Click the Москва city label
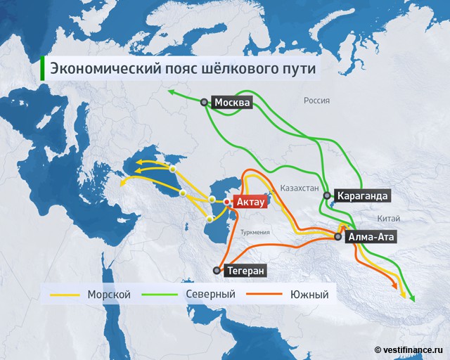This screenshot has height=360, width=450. coord(232,103)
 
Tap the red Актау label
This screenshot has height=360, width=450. coord(250,202)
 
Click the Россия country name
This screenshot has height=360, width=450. coord(316,101)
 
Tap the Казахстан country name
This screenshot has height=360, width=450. coord(300,188)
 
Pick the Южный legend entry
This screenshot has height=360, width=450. coord(309,294)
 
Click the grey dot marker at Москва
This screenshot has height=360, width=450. coord(205,103)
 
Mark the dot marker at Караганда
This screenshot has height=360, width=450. coord(327,196)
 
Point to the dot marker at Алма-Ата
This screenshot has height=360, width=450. coord(339,237)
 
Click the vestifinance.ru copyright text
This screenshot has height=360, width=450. coord(411,349)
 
